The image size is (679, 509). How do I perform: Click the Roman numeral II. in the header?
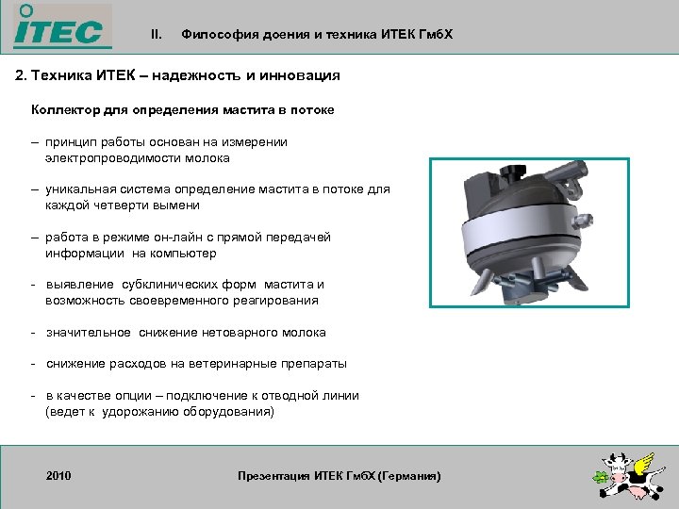pos(157,35)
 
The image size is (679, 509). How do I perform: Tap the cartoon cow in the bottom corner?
pos(614,477)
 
